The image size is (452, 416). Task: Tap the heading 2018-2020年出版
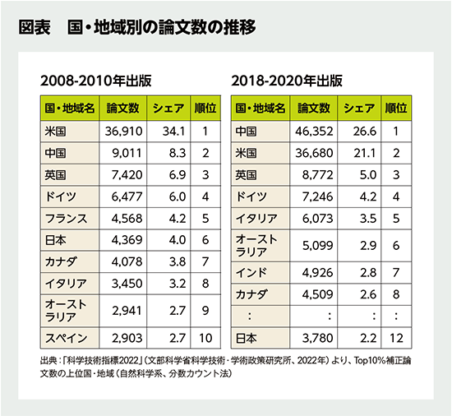[x=287, y=82]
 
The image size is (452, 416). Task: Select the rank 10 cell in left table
[x=205, y=339]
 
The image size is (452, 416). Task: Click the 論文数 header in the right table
[x=313, y=108]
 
